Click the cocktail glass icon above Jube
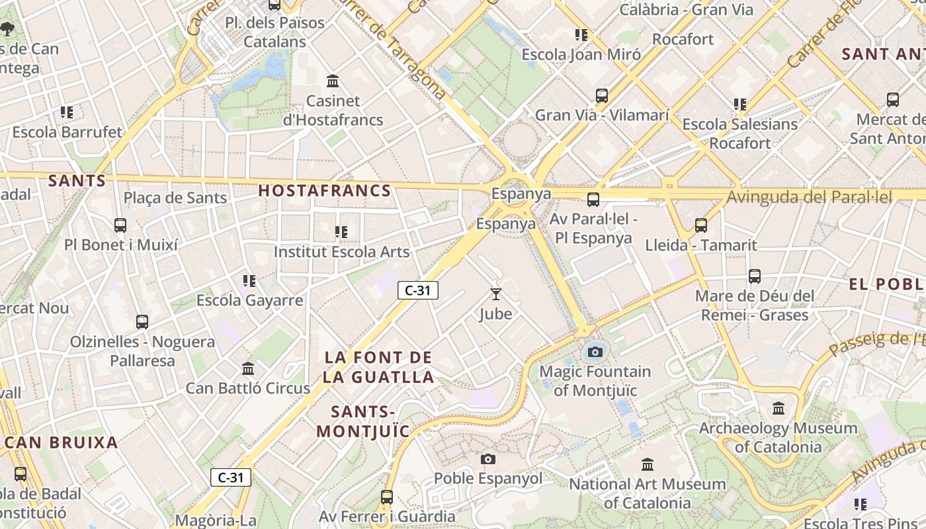click(x=496, y=294)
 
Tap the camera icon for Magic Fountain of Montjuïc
click(x=595, y=352)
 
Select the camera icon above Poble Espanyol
click(x=488, y=459)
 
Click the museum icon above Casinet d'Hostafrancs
click(x=333, y=81)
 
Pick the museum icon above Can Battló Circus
click(x=248, y=368)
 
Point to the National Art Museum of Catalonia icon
click(x=648, y=465)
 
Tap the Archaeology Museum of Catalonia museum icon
click(x=779, y=409)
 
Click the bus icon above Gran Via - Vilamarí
click(x=602, y=96)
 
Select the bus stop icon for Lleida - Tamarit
click(x=701, y=225)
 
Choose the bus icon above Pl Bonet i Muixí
click(x=120, y=225)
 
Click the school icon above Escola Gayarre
click(x=249, y=281)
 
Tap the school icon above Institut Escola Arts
click(x=341, y=232)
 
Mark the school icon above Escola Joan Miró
click(x=581, y=35)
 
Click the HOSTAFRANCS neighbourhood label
click(x=325, y=191)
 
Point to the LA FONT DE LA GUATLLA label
click(x=379, y=368)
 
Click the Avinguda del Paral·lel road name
click(x=810, y=197)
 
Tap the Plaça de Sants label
click(x=175, y=198)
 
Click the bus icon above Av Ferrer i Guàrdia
click(x=387, y=497)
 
